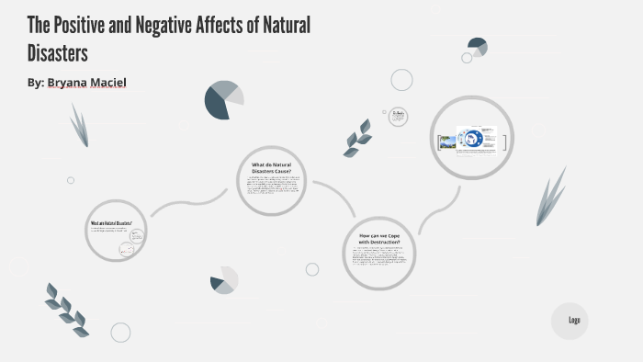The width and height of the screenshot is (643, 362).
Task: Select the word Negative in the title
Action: pyautogui.click(x=175, y=25)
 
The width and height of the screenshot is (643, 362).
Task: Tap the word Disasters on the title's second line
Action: pyautogui.click(x=57, y=51)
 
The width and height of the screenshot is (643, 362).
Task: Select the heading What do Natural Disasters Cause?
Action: pyautogui.click(x=270, y=168)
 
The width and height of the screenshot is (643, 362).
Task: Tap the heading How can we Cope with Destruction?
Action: pyautogui.click(x=378, y=239)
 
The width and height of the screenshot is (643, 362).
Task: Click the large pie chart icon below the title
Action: pyautogui.click(x=224, y=99)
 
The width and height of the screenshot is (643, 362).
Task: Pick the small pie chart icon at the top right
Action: pyautogui.click(x=477, y=46)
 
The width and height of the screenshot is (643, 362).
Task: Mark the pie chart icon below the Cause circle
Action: pyautogui.click(x=223, y=281)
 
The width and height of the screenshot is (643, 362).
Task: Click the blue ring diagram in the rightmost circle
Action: pyautogui.click(x=472, y=140)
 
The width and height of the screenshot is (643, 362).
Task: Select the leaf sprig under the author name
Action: pyautogui.click(x=80, y=125)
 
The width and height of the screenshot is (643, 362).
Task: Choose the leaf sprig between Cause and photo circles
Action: pyautogui.click(x=356, y=138)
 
